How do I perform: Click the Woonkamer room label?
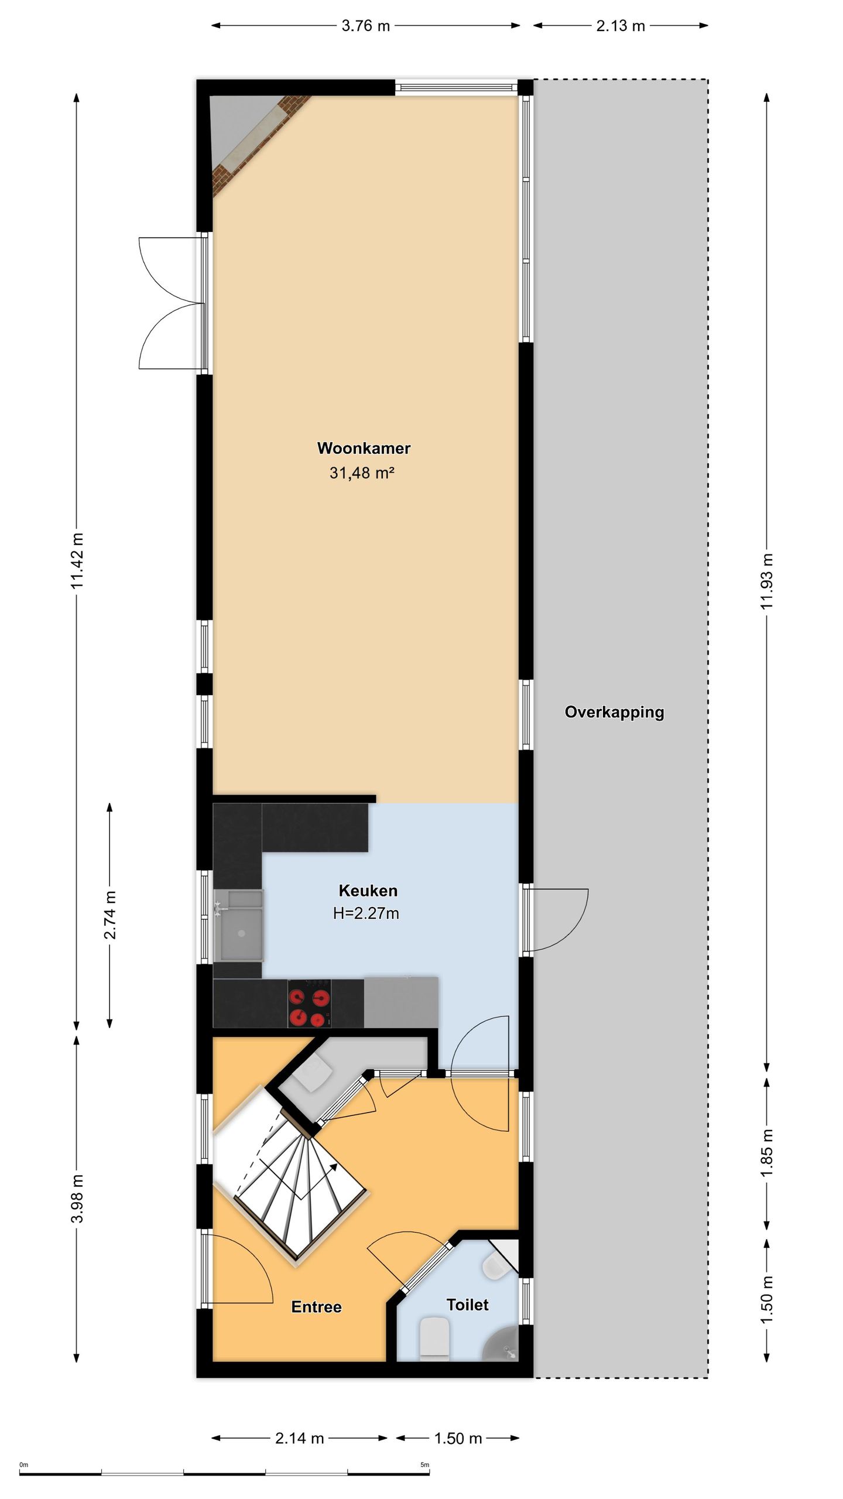pos(364,448)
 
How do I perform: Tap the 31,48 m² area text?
pos(361,473)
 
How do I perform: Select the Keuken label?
pos(368,891)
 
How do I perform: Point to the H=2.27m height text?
pos(366,913)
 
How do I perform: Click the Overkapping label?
pos(614,712)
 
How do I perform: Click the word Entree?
pos(316,1307)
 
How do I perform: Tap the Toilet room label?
pos(467,1305)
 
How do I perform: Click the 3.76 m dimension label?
pos(365,26)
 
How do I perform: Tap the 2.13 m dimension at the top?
pos(621,26)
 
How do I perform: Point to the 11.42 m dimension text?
pos(78,560)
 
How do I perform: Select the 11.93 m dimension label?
pos(767,581)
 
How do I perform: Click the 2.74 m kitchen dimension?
pos(110,915)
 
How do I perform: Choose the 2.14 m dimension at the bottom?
pos(299,1438)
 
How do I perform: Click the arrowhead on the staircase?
pos(334,1166)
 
